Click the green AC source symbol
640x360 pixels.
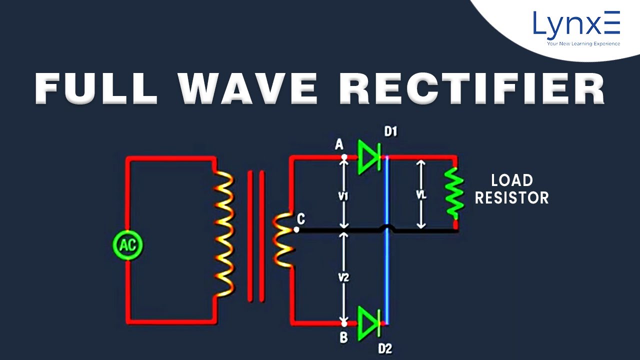point(128,245)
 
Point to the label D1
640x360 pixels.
point(390,132)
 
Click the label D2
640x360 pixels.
point(385,348)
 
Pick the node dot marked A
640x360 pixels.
point(344,157)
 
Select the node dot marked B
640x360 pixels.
point(344,322)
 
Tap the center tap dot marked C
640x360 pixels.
point(296,230)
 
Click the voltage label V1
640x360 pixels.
point(343,196)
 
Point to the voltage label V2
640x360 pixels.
point(343,277)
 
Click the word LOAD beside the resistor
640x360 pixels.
point(511,180)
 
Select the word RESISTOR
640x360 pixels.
point(511,198)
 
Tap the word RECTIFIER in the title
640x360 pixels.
point(471,88)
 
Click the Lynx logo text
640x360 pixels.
point(576,24)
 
